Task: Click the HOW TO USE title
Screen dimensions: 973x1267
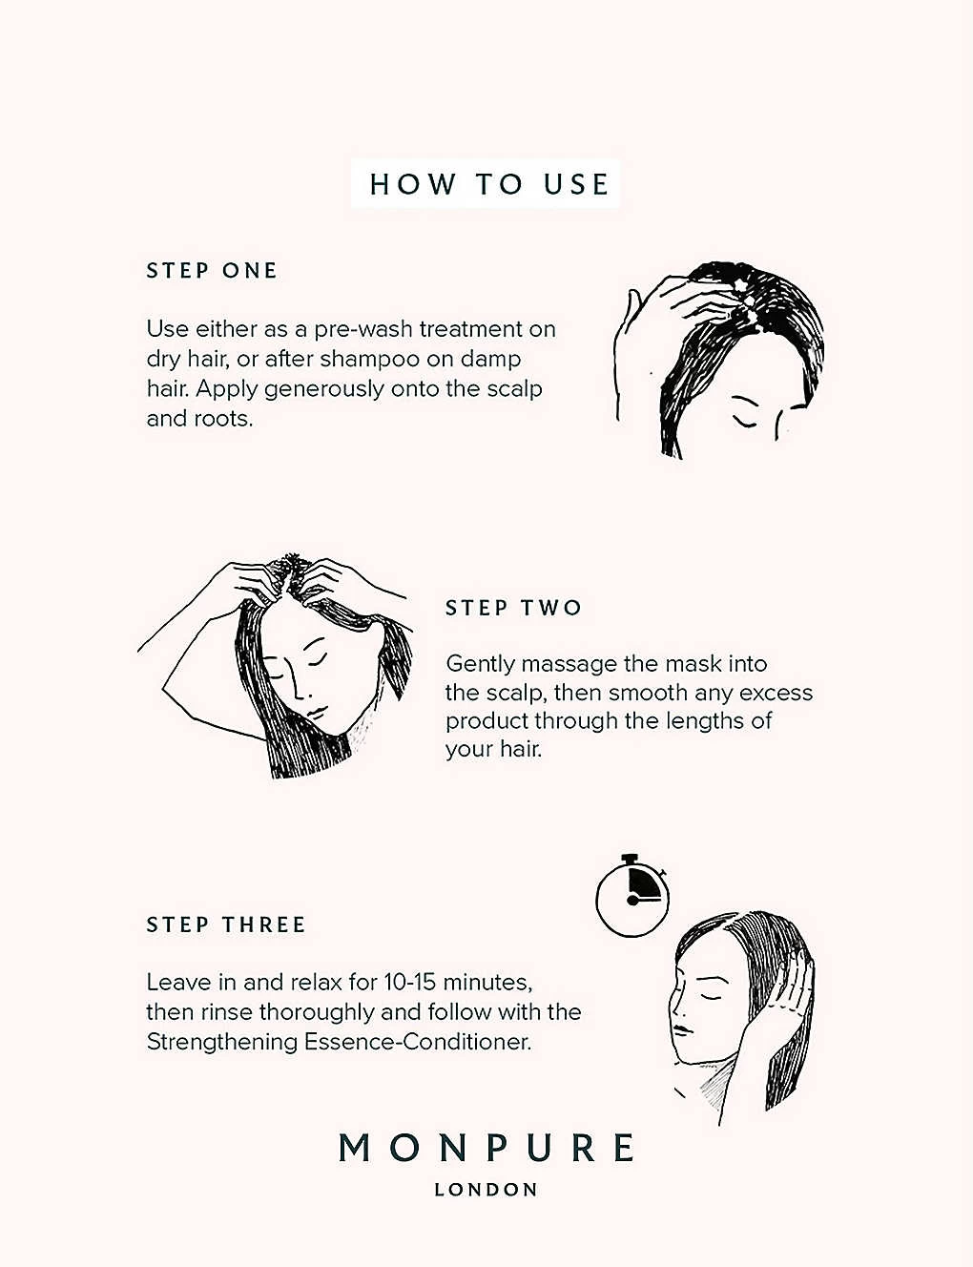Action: pos(488,184)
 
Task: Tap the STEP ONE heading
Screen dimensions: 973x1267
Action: pos(212,271)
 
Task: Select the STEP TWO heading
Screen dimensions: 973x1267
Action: pos(513,608)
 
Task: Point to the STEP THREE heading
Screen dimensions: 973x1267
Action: pos(226,924)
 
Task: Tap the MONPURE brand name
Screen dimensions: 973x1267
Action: pos(486,1148)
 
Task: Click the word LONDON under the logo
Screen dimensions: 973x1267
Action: pos(486,1190)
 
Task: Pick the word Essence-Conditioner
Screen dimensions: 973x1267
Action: pos(418,1042)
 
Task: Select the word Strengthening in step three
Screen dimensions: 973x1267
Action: pos(222,1043)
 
